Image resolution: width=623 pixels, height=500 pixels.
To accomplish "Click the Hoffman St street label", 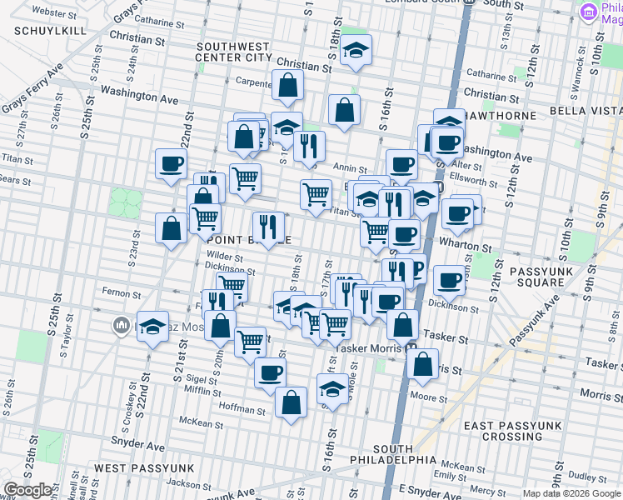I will (242, 410).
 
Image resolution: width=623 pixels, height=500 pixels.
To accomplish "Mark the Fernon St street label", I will (114, 292).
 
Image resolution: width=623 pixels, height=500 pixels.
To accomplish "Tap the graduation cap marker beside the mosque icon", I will (152, 327).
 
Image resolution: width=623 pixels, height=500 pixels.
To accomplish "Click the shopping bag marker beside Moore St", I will (422, 364).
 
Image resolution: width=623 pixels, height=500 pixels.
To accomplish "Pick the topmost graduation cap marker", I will (356, 51).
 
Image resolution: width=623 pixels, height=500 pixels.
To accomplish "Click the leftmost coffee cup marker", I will (171, 163).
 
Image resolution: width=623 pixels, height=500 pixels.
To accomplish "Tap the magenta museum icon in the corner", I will (591, 11).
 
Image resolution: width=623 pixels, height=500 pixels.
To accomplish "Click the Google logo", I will (27, 489).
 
